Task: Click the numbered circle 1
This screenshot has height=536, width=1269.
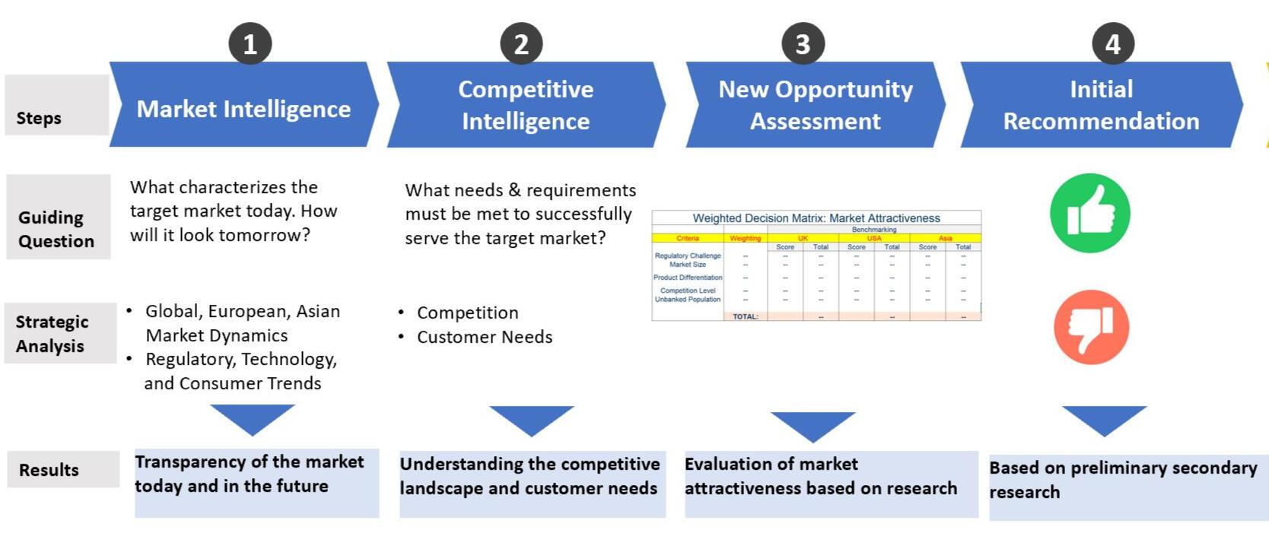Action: click(x=250, y=44)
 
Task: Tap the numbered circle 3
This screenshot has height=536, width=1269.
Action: click(x=803, y=44)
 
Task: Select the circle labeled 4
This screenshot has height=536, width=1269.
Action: click(x=1112, y=44)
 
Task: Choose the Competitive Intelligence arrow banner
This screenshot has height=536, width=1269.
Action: click(x=526, y=105)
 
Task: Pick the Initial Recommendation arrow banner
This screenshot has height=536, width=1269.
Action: click(x=1101, y=105)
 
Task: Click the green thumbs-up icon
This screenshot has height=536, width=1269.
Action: click(x=1089, y=214)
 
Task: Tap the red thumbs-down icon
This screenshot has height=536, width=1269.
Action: click(x=1090, y=327)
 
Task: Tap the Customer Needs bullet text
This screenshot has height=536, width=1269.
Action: click(x=485, y=337)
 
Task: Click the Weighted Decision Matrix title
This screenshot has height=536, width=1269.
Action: click(x=816, y=218)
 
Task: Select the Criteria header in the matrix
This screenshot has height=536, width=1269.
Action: click(x=688, y=238)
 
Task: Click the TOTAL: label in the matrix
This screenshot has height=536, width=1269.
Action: click(x=745, y=316)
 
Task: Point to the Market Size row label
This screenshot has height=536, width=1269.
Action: click(x=688, y=265)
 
